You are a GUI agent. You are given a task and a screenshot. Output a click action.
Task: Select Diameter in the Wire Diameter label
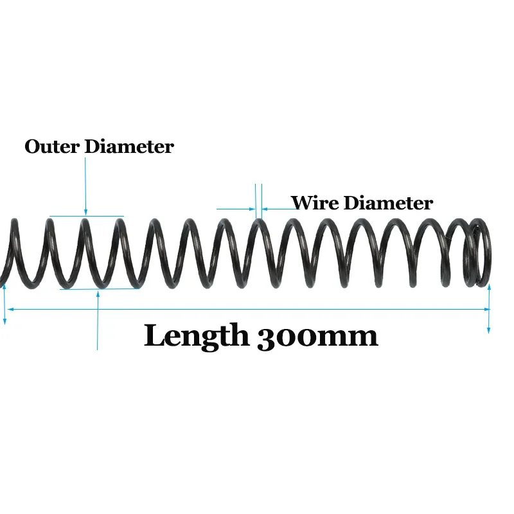[388, 203]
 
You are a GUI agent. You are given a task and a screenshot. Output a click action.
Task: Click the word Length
[196, 335]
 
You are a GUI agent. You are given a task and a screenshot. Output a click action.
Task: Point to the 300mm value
[317, 335]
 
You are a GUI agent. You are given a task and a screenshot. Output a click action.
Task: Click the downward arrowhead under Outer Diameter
[85, 212]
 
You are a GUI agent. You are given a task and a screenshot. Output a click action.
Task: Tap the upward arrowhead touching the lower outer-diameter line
[97, 294]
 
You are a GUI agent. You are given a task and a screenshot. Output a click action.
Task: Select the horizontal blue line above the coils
[87, 217]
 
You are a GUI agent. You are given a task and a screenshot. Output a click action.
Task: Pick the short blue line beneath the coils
[100, 289]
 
